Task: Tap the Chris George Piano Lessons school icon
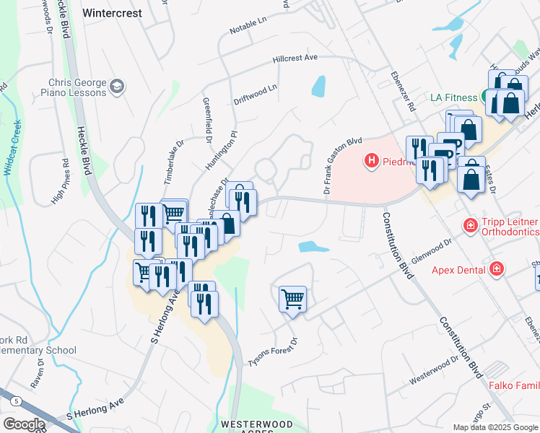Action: tap(116, 87)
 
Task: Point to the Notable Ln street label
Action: tap(248, 30)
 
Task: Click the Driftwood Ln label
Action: tap(256, 95)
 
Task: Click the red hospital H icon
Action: tap(372, 160)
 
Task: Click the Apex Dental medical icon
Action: tap(496, 271)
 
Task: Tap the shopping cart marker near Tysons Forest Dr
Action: tap(292, 298)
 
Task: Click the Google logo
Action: tap(24, 424)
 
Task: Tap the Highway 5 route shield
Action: tap(16, 399)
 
